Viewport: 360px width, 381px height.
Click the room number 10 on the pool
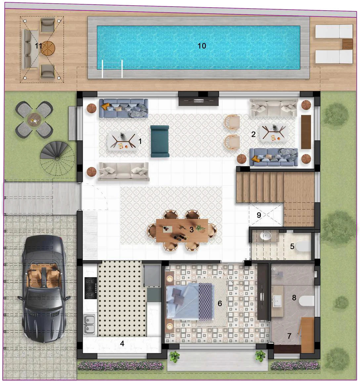tap(202, 46)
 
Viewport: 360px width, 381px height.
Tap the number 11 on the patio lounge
tap(38, 46)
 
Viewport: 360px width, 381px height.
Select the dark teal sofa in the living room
tap(160, 141)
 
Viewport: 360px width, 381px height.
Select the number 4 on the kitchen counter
tap(122, 344)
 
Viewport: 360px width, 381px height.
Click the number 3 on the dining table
tap(192, 230)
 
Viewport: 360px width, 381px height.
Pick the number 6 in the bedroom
tap(220, 303)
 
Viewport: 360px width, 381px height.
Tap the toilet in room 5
tap(302, 246)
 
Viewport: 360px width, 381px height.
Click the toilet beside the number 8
tap(306, 301)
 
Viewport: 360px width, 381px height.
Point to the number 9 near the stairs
tap(259, 215)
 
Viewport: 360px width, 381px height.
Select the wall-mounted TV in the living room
tap(199, 100)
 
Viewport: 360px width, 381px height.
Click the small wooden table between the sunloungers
tap(348, 44)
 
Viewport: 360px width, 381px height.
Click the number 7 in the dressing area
tap(289, 336)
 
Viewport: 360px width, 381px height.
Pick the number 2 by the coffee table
tap(253, 134)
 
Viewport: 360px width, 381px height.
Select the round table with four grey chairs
tap(34, 119)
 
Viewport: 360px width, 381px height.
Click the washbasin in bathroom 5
tap(265, 236)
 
